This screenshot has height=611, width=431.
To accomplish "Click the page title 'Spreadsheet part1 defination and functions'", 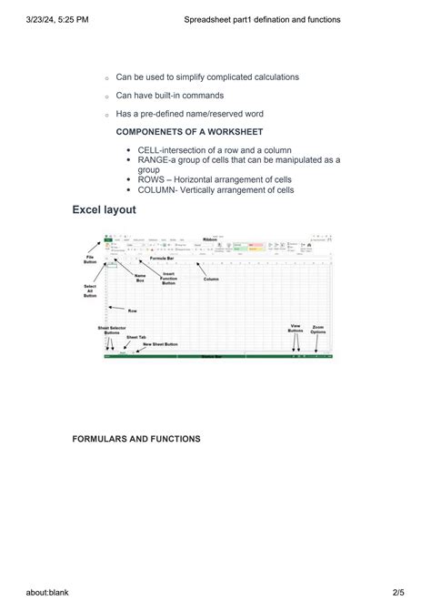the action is (262, 18).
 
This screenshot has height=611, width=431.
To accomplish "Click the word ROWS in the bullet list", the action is (153, 179).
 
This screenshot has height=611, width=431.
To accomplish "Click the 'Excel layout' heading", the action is (104, 210).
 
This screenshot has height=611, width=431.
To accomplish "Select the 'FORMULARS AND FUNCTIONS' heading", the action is (136, 439).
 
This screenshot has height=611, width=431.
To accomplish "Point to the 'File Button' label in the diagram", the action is (90, 260).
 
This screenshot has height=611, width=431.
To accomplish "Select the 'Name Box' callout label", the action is (140, 278).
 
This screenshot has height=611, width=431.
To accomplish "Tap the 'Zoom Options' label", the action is (318, 329).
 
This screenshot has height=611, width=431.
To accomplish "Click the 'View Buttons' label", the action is (296, 329).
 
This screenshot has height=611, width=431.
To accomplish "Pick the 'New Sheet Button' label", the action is (160, 344).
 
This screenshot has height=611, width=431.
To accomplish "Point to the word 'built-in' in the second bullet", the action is (173, 96).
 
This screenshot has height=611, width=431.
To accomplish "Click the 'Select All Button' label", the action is (90, 290).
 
